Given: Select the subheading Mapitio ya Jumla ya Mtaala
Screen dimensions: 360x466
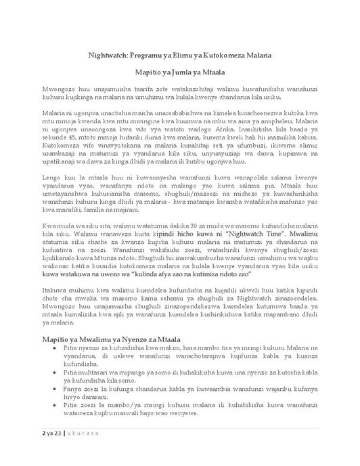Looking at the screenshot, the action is (x=179, y=70).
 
